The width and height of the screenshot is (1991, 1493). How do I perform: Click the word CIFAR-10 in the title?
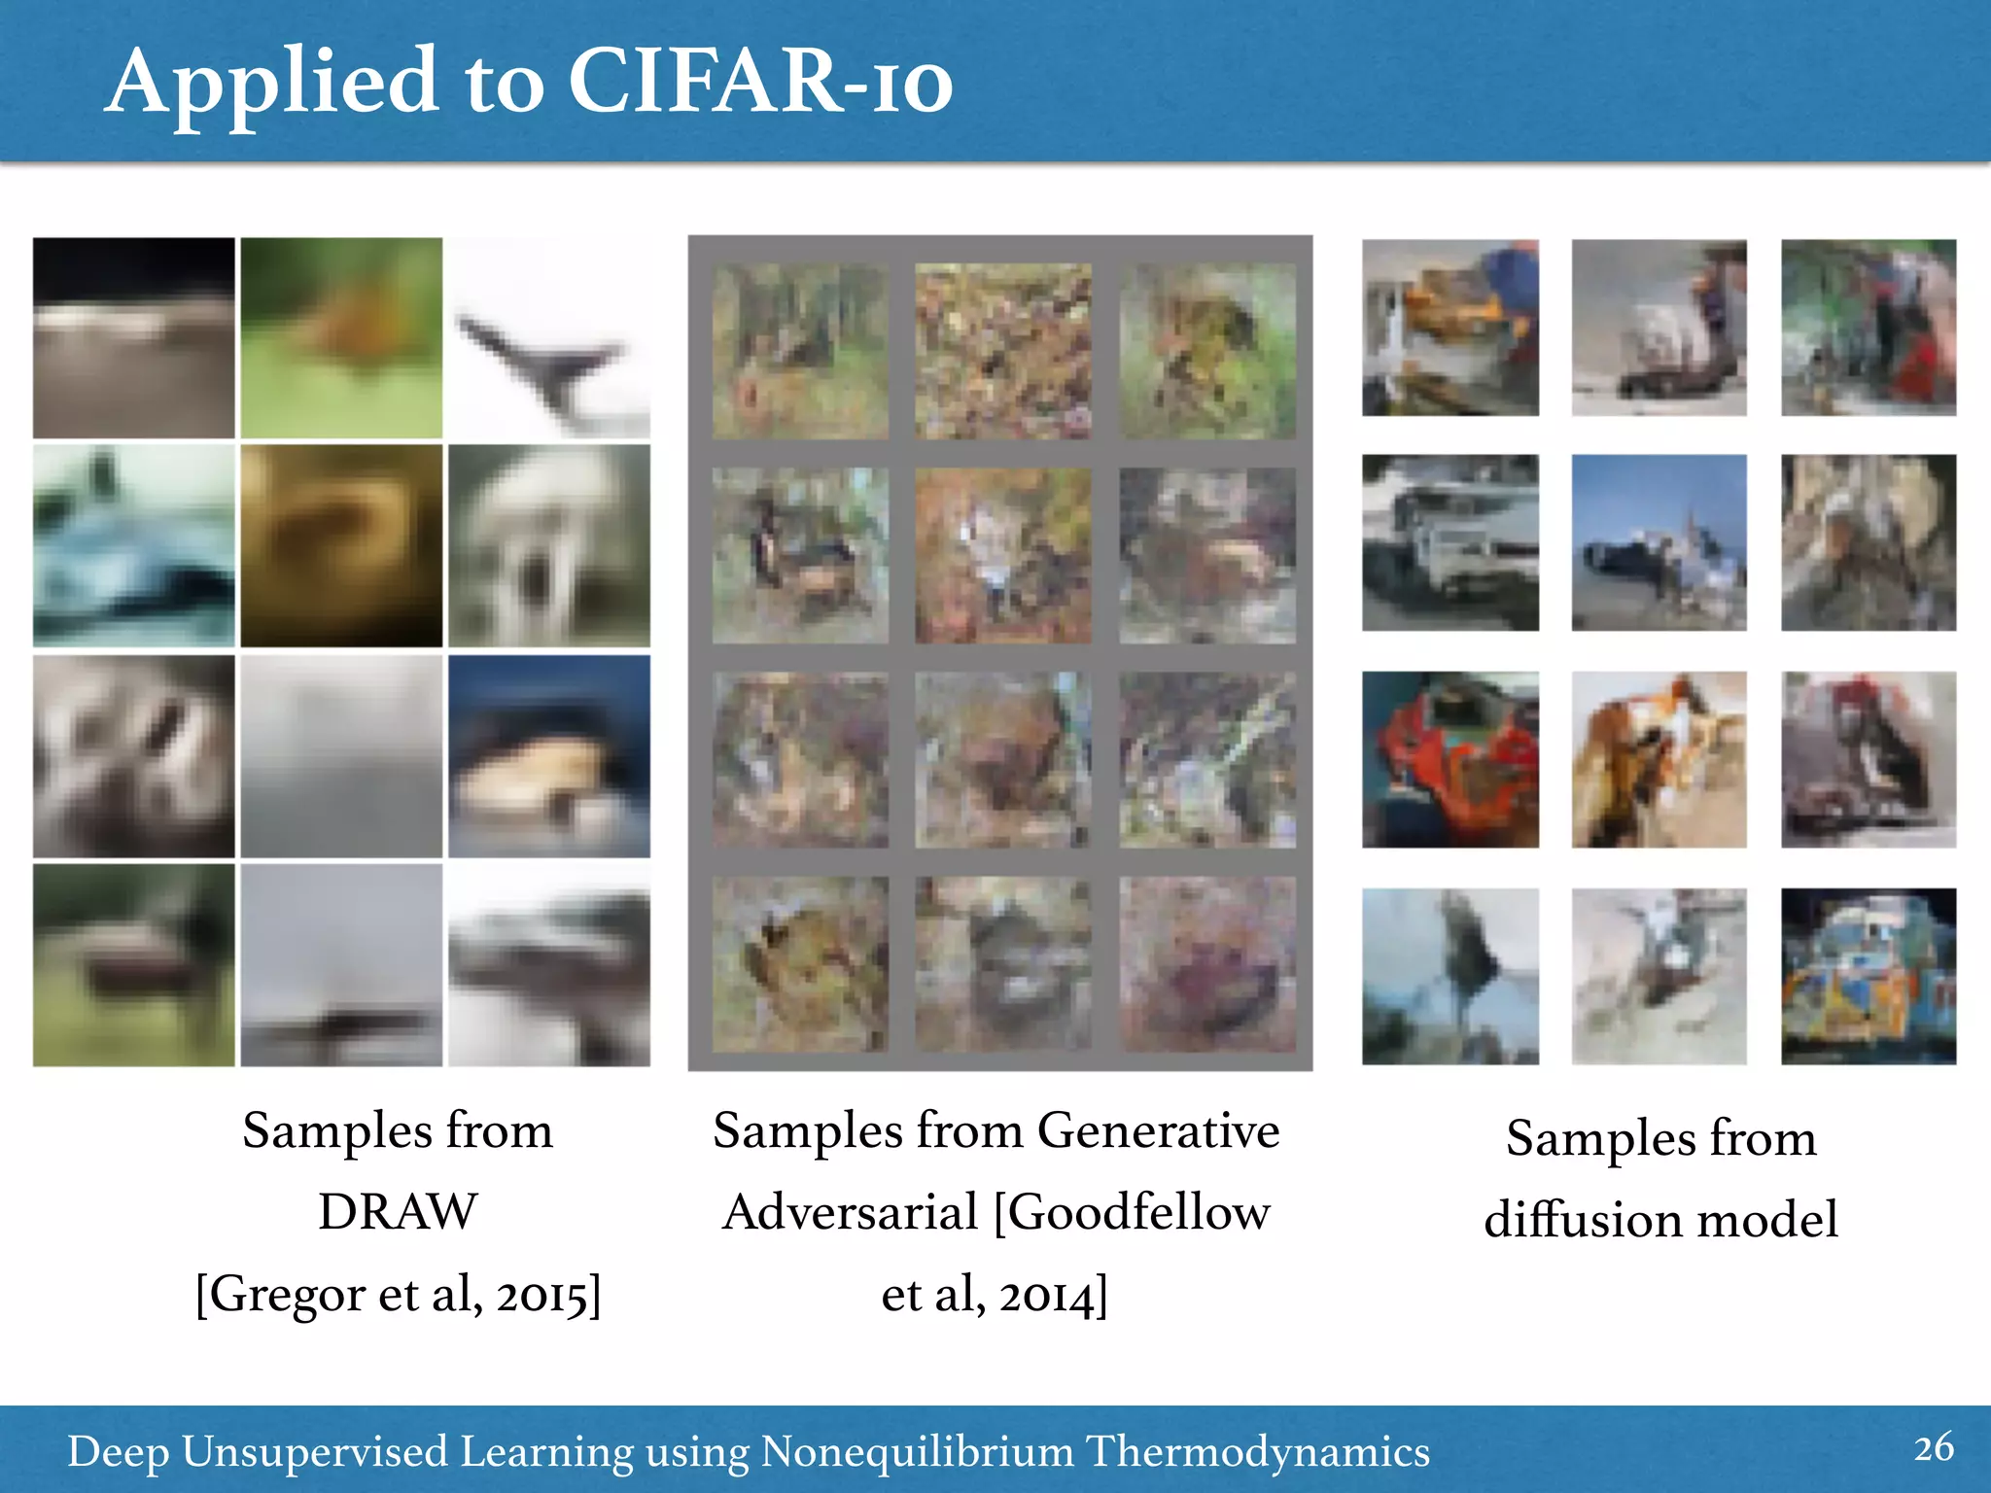coord(758,83)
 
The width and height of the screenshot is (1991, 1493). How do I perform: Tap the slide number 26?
coord(1934,1447)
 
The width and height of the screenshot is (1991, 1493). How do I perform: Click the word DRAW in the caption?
coord(398,1212)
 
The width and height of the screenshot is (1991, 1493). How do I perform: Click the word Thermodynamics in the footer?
coord(1257,1451)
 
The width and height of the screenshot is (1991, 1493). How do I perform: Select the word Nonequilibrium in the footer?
coord(917,1451)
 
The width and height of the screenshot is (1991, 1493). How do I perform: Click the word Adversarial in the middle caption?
coord(850,1212)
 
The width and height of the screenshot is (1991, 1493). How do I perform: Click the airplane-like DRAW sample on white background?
coord(549,337)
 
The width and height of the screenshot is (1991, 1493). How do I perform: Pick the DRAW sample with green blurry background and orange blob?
coord(341,337)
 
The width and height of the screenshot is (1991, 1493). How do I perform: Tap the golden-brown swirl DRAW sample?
coord(341,545)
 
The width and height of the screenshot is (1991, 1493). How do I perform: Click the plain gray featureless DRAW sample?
coord(341,755)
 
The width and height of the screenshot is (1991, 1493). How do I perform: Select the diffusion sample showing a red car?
coord(1450,759)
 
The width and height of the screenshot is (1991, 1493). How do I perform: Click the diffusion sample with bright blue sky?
coord(1659,542)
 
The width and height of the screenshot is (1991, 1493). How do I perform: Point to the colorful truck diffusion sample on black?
coord(1868,976)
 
